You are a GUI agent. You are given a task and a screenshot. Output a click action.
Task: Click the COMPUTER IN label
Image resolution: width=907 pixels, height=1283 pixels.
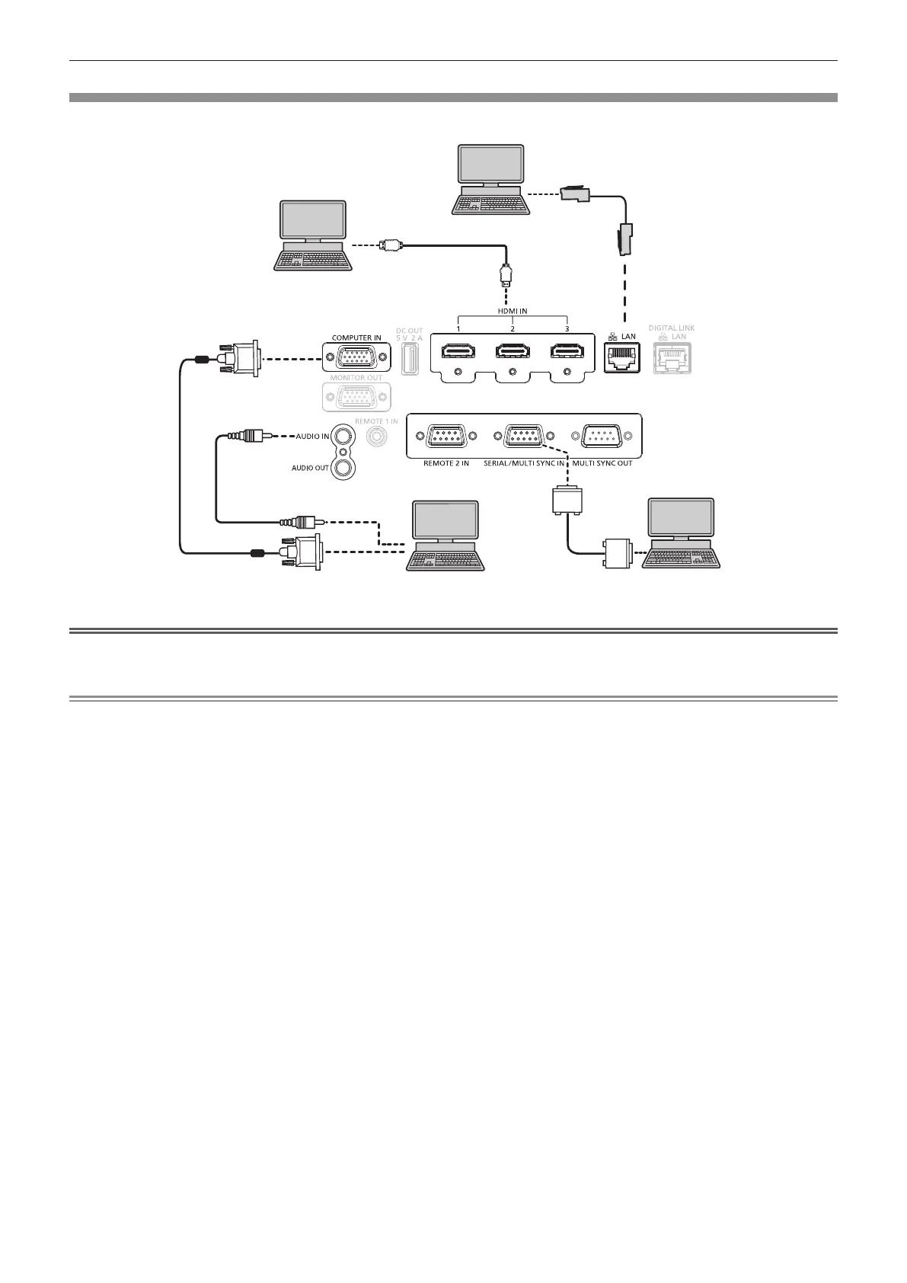356,338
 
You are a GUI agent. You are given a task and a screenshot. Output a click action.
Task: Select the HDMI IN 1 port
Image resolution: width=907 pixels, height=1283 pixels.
457,352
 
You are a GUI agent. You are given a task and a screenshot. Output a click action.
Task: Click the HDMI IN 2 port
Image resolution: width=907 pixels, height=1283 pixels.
512,352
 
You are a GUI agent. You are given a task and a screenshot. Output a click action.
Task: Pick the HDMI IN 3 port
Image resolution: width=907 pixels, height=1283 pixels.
567,352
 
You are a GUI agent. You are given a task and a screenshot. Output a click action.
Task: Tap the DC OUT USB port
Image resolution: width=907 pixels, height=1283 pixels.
409,358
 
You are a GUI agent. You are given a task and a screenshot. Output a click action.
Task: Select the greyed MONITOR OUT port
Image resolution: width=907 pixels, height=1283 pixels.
356,398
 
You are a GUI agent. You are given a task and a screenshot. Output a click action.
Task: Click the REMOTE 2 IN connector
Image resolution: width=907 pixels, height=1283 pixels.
445,437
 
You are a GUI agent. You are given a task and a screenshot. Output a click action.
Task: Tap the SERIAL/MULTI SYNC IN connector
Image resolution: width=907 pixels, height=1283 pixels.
524,437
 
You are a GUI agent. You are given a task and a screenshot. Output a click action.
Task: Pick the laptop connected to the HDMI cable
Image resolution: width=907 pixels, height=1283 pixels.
314,235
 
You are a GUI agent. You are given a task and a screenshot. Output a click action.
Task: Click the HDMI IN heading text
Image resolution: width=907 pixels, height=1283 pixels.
512,311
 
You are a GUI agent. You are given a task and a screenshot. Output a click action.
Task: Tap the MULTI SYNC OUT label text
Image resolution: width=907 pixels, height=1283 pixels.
602,463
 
